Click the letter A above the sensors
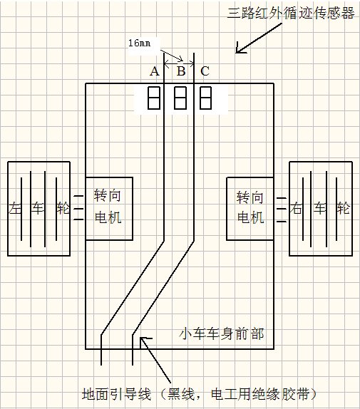click(x=155, y=71)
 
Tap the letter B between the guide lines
click(x=181, y=71)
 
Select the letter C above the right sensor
click(x=205, y=71)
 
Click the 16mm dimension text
click(x=139, y=43)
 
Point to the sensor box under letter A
click(x=154, y=98)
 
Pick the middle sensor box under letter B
click(x=180, y=98)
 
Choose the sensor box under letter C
click(x=205, y=98)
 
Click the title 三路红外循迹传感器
click(x=291, y=13)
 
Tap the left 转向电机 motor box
click(x=109, y=209)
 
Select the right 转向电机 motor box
click(x=250, y=209)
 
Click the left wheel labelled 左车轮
click(x=39, y=209)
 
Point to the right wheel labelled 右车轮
click(x=321, y=209)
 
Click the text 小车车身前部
click(x=222, y=334)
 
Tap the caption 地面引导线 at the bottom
click(x=117, y=394)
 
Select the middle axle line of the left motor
click(x=78, y=209)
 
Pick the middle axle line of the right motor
click(x=282, y=209)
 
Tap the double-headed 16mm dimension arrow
click(x=179, y=63)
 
